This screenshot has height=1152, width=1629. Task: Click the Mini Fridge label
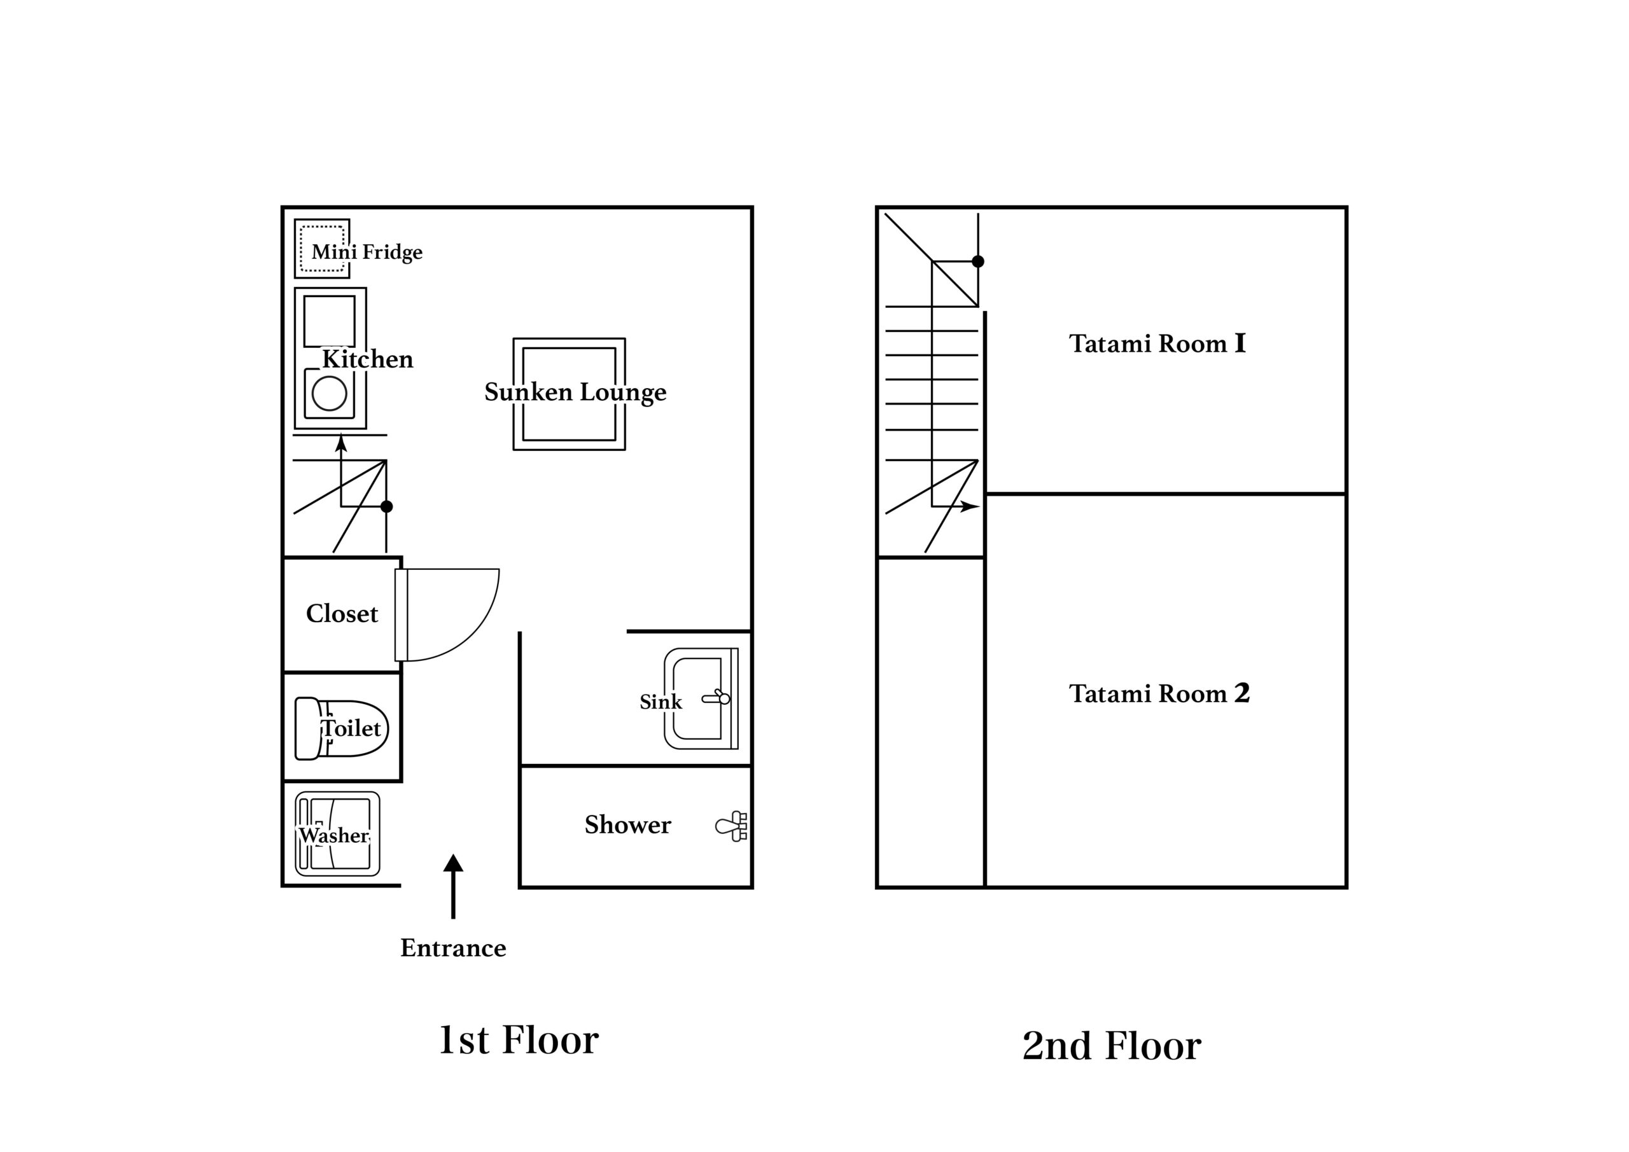click(x=367, y=252)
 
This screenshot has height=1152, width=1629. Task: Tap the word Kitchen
click(x=368, y=359)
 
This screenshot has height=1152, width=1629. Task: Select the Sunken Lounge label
click(x=575, y=392)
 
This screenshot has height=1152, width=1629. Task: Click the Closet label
click(x=342, y=614)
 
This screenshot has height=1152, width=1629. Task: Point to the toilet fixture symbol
click(x=341, y=728)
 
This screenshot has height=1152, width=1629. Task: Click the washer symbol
click(x=337, y=833)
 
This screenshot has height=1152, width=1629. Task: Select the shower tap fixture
click(x=732, y=826)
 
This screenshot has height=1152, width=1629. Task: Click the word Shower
click(x=627, y=824)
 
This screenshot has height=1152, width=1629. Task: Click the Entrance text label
click(x=453, y=948)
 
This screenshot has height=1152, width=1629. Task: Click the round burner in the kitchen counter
click(x=329, y=393)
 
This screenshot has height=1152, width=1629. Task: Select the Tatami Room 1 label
click(x=1157, y=344)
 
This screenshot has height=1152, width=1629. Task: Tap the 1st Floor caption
click(x=519, y=1040)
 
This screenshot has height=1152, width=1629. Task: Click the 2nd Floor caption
click(x=1112, y=1046)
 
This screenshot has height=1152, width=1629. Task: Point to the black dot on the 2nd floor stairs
click(x=977, y=261)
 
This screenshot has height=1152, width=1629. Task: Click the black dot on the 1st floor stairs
click(x=387, y=506)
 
